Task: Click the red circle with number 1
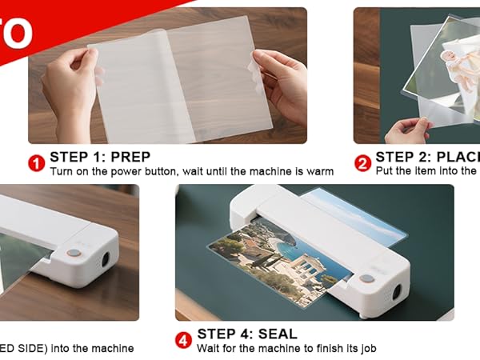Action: point(36,163)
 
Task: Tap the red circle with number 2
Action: point(362,163)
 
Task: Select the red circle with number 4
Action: point(183,341)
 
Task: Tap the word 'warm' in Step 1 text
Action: point(318,171)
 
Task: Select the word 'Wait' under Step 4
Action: point(210,348)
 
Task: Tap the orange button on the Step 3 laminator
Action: point(73,252)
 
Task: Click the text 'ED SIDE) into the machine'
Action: point(67,348)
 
